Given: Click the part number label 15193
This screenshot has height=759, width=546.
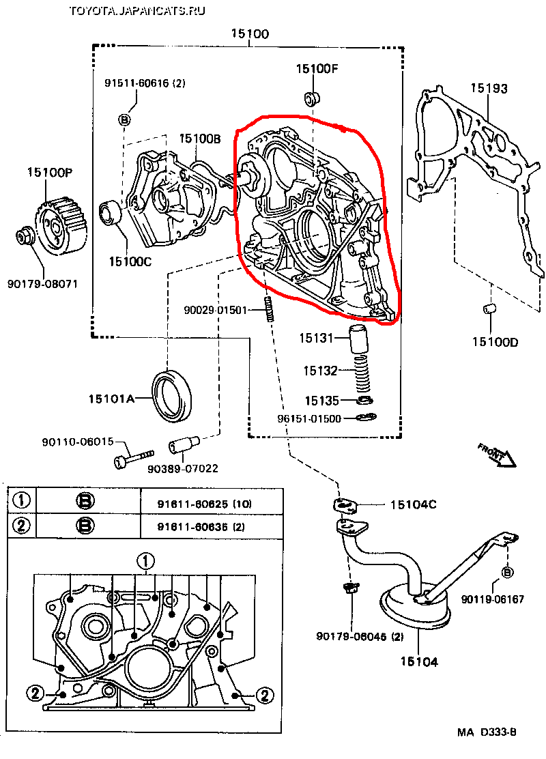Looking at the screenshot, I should tap(489, 87).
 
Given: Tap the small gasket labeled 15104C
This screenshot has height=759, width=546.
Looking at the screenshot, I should tap(346, 506).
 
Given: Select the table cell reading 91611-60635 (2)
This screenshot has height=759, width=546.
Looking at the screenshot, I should tap(192, 526).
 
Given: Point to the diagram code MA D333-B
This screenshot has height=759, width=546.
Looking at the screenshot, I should tap(487, 732).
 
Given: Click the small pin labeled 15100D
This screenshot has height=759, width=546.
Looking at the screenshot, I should tap(489, 309).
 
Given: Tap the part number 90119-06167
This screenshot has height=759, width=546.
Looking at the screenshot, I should tap(492, 599).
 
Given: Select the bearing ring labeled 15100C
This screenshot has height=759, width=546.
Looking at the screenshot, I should tap(110, 212).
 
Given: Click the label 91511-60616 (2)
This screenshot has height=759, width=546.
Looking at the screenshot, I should tap(145, 83).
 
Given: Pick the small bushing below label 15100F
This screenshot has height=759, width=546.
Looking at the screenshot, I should tap(313, 96).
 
